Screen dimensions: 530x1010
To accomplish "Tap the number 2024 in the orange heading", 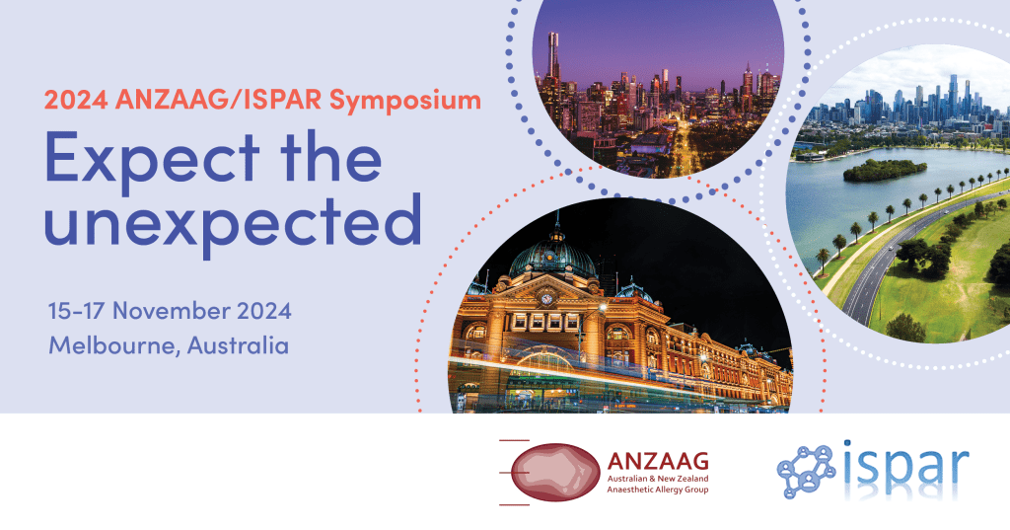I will click(x=75, y=100).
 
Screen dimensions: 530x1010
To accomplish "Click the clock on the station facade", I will click(x=544, y=296).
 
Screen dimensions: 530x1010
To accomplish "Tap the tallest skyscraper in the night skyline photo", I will click(x=553, y=59).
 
